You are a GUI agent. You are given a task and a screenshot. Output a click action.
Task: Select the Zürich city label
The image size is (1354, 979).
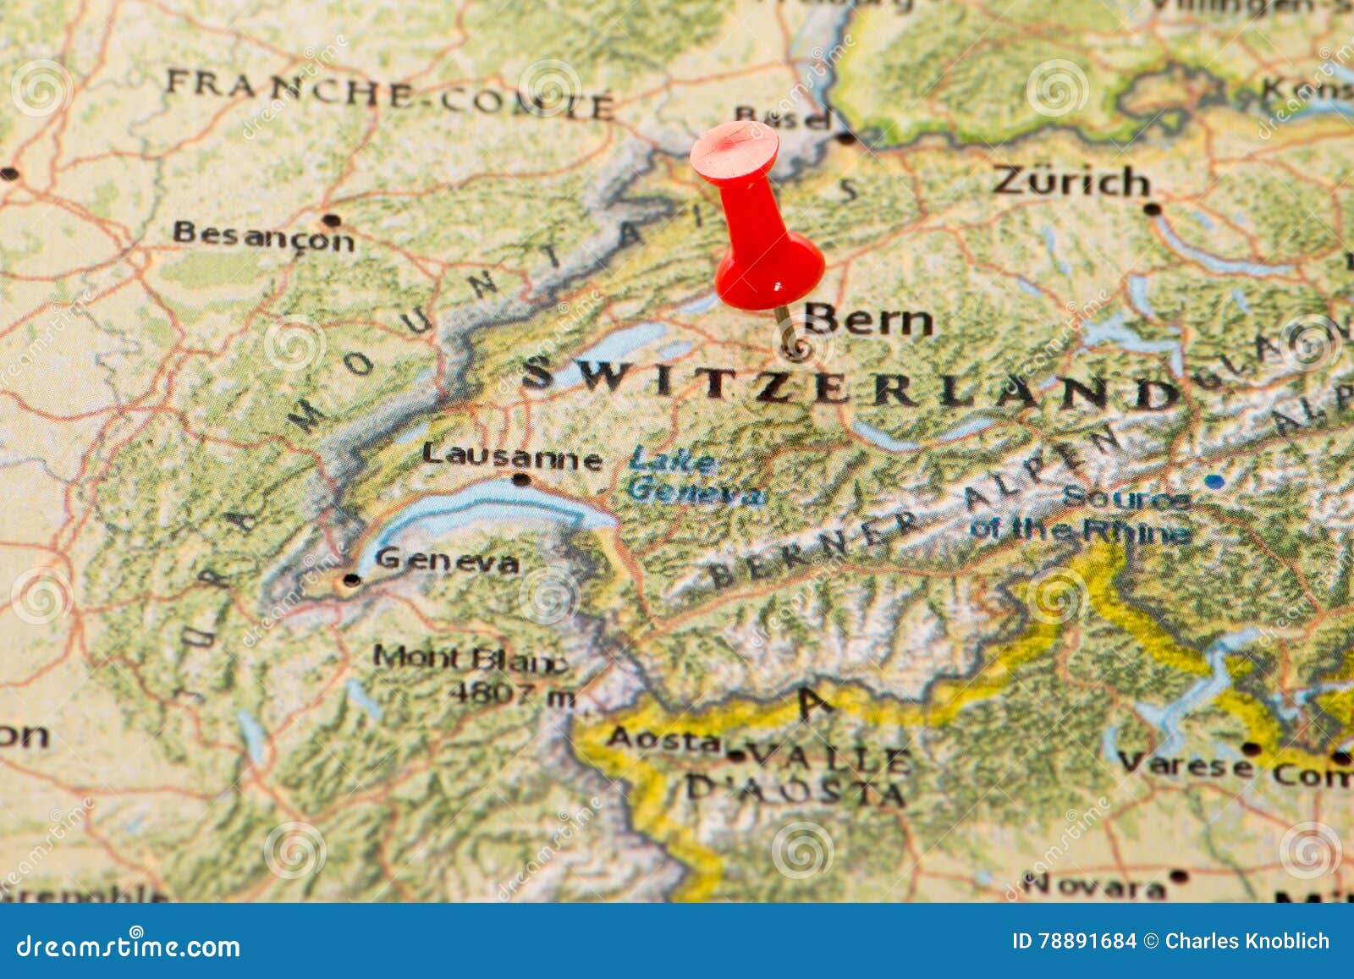pyautogui.click(x=1071, y=181)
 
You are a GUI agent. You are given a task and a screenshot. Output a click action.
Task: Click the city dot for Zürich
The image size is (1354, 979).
pyautogui.click(x=1151, y=208)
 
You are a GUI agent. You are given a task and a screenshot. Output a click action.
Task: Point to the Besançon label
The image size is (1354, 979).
pyautogui.click(x=263, y=236)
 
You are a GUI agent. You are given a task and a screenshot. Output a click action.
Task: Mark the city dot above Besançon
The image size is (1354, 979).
pyautogui.click(x=331, y=220)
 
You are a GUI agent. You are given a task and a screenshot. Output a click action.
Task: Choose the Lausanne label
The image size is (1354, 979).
pyautogui.click(x=512, y=457)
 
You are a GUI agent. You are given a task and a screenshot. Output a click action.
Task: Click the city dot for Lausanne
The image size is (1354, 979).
pyautogui.click(x=521, y=480)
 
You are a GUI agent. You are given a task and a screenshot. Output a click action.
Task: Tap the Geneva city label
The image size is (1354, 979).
pyautogui.click(x=446, y=560)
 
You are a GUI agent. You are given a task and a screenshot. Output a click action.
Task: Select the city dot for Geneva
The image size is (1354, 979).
pyautogui.click(x=350, y=580)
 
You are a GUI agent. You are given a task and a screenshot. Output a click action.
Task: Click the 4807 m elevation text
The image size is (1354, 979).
pyautogui.click(x=512, y=695)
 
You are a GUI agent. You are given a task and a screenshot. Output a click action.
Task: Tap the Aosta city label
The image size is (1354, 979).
pyautogui.click(x=663, y=739)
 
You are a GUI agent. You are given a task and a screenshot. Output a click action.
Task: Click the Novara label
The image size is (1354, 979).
pyautogui.click(x=1094, y=886)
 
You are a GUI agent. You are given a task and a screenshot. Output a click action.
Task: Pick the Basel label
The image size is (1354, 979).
pyautogui.click(x=782, y=117)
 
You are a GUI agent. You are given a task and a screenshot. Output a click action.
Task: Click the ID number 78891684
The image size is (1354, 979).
pyautogui.click(x=1074, y=941)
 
